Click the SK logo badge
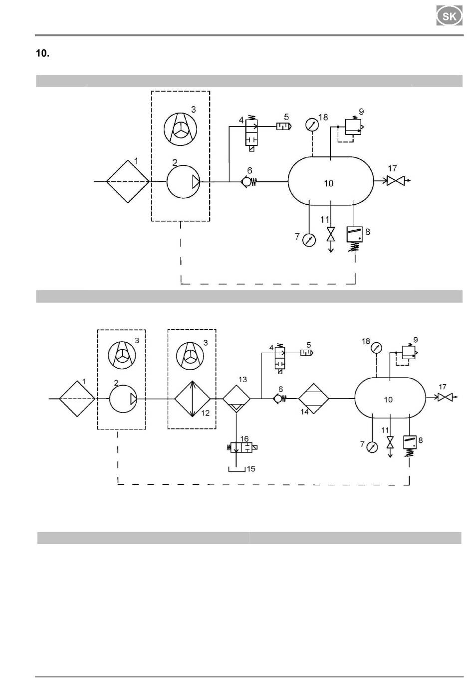449,16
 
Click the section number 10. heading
42,53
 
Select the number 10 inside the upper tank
328,183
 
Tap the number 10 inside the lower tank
388,400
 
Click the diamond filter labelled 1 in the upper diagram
128,181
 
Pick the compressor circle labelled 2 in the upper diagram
183,182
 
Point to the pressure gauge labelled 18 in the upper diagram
312,125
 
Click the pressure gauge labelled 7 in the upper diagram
309,240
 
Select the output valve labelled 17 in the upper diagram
396,181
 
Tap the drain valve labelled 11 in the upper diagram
331,234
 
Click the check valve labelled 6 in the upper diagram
248,182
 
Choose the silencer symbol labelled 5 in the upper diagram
284,127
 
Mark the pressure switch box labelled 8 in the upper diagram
355,234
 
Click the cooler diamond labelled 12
192,399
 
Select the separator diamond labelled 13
237,399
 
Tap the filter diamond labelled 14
313,399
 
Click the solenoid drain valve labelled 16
242,447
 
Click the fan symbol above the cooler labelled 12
190,355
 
